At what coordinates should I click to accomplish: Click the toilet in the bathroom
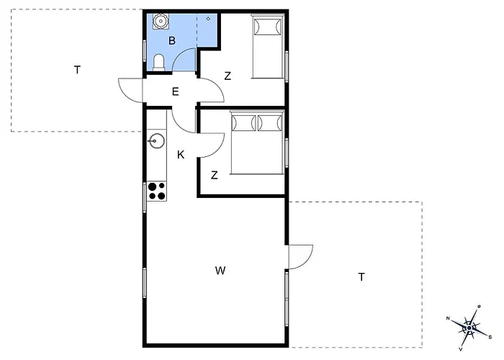[x=159, y=63]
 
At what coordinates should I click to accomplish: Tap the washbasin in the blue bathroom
[x=160, y=22]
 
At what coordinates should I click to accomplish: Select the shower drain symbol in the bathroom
[x=208, y=19]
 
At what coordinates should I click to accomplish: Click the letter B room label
[x=172, y=41]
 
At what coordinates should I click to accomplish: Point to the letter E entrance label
[x=175, y=92]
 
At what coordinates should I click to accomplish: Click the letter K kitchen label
[x=181, y=155]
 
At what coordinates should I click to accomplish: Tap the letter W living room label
[x=220, y=271]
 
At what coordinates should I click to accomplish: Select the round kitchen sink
[x=156, y=141]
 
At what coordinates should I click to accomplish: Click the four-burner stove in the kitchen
[x=156, y=192]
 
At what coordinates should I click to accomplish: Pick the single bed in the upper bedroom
[x=268, y=46]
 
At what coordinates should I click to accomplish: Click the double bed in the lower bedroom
[x=257, y=143]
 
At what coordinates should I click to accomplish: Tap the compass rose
[x=469, y=328]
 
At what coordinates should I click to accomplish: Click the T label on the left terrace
[x=77, y=70]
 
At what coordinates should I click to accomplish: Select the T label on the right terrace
[x=361, y=276]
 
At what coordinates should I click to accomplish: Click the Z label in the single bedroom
[x=228, y=76]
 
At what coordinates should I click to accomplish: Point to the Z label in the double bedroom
[x=215, y=175]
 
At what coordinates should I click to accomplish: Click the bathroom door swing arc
[x=179, y=55]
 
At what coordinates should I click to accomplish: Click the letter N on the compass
[x=448, y=318]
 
